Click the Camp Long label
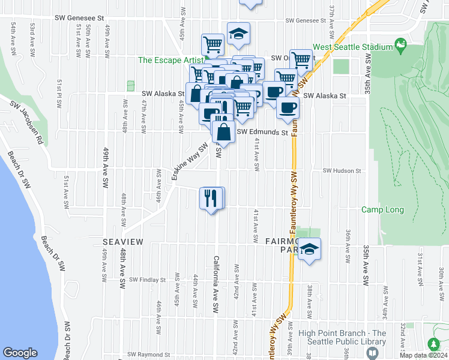tap(382, 209)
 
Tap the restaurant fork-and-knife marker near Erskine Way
tap(210, 198)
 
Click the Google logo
tap(20, 353)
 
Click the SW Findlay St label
tap(147, 280)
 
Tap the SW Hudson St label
tap(342, 170)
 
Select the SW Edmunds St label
tap(262, 132)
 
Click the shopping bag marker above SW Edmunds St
tap(223, 131)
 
